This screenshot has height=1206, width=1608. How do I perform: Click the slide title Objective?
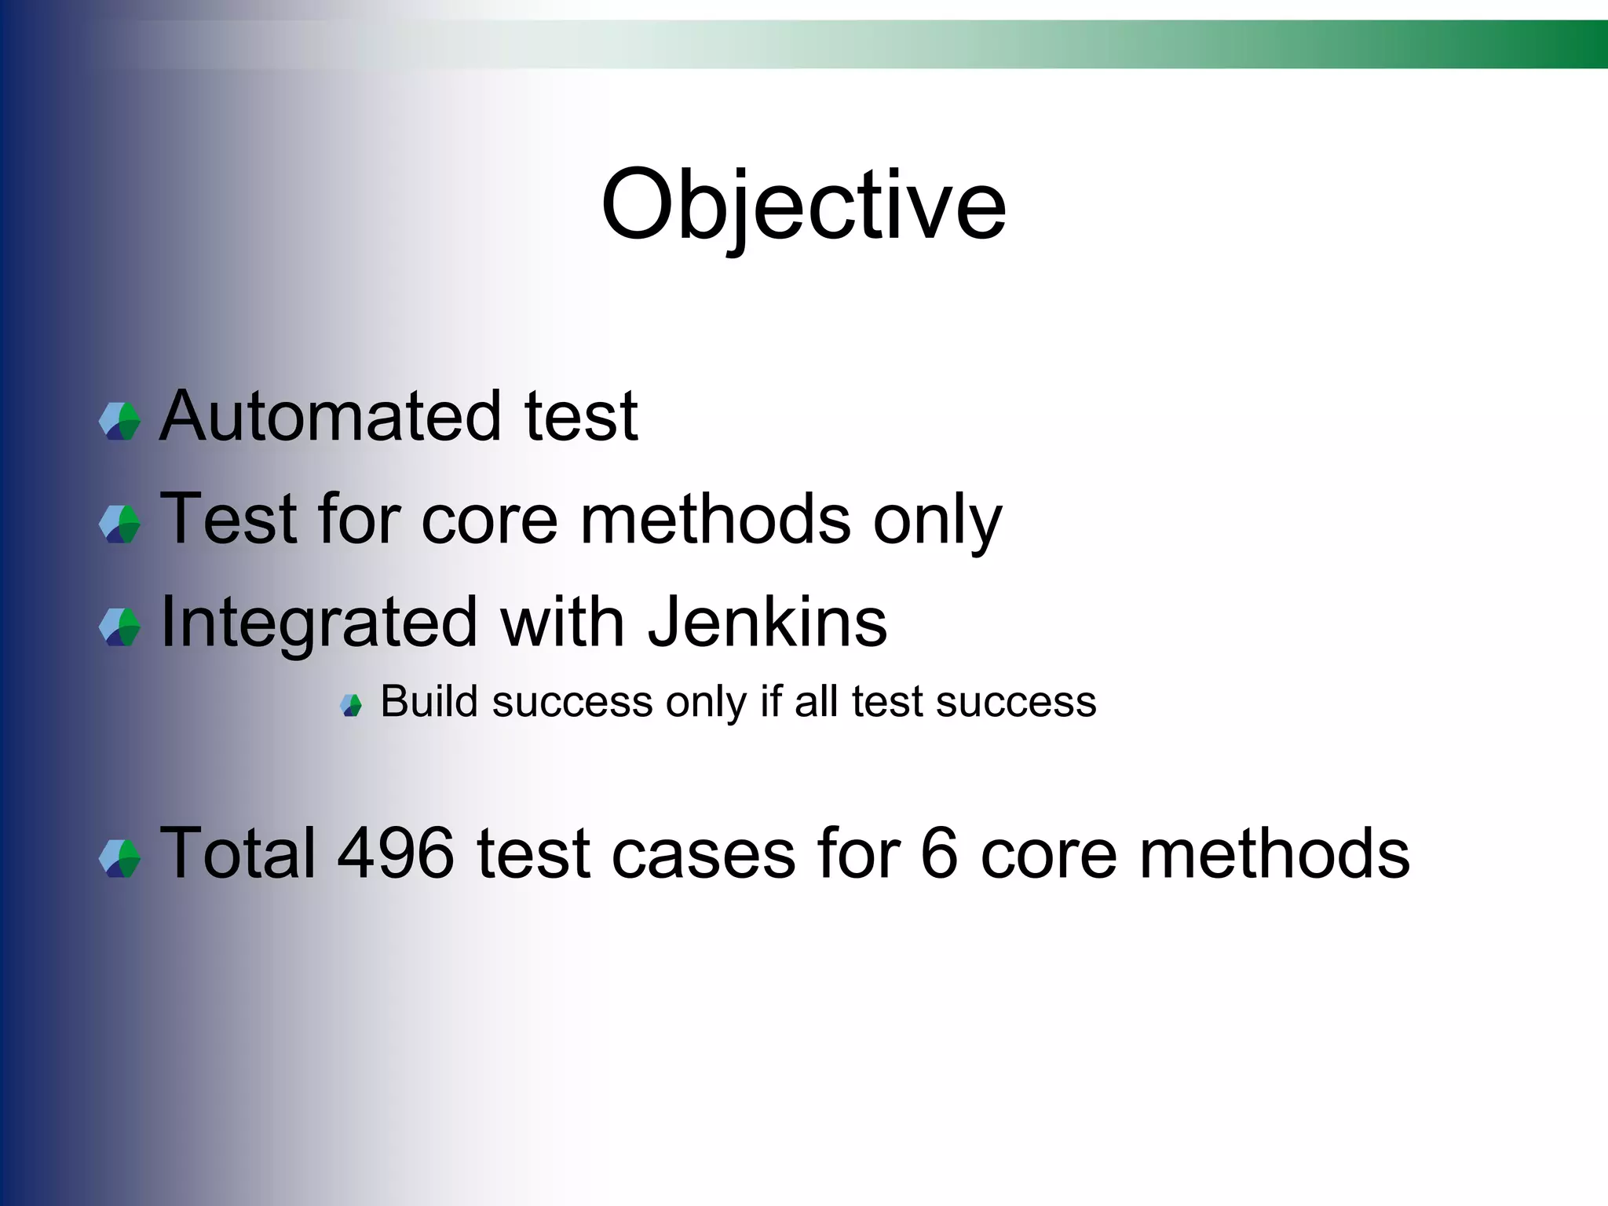point(802,206)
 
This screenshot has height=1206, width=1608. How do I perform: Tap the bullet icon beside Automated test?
point(120,421)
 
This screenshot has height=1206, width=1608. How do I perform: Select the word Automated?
point(331,416)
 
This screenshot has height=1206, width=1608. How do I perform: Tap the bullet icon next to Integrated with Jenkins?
point(120,627)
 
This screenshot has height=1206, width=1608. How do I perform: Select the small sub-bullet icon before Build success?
point(351,705)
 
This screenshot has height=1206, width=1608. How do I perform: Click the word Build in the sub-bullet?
point(429,701)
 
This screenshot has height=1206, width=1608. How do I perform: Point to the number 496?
point(395,853)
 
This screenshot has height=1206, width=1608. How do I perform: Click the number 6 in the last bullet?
point(939,853)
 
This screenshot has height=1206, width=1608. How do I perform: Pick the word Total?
point(238,853)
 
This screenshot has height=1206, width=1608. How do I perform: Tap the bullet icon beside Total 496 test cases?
point(120,858)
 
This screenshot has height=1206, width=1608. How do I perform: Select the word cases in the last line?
point(703,853)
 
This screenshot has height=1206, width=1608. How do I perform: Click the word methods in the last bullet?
point(1274,853)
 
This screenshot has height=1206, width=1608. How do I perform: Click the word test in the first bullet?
point(581,416)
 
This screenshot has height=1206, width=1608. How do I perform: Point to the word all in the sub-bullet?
point(817,701)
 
